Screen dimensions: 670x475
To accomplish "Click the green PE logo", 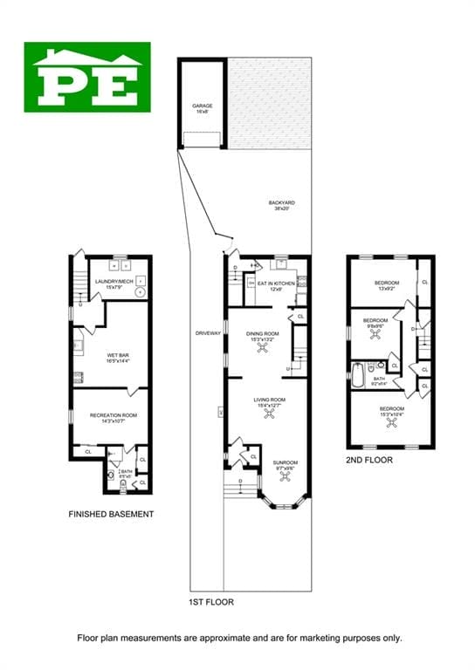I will coord(92,77).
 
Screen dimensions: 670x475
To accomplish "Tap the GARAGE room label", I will coord(203,106).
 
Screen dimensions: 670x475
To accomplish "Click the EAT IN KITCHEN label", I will coord(276,283).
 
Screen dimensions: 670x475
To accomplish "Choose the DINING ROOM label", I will coord(262,333).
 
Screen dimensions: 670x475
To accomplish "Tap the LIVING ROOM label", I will coord(264,400).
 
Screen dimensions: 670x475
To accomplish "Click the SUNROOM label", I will coord(285,462).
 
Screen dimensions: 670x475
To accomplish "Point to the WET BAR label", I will coord(118,355).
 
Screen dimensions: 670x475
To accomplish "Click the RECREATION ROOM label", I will coord(114,415).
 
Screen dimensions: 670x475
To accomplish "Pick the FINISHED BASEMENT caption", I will coord(111,514).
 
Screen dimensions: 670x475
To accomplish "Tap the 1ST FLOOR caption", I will coord(211,602).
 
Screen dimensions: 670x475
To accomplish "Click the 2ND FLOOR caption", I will coord(370,460).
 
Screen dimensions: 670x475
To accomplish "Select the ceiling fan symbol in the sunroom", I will coord(285,478).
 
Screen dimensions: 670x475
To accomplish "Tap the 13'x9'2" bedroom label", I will coord(387,283).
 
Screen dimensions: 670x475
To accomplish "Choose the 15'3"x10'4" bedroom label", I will coord(391,408).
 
